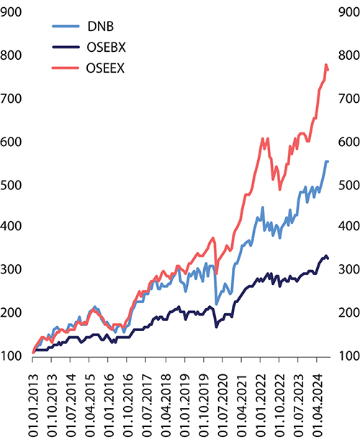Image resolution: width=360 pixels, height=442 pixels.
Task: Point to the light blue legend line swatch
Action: point(67,27)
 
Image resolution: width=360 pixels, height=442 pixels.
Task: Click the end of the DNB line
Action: point(328,181)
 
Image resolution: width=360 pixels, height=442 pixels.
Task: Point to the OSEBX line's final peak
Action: point(326,256)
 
